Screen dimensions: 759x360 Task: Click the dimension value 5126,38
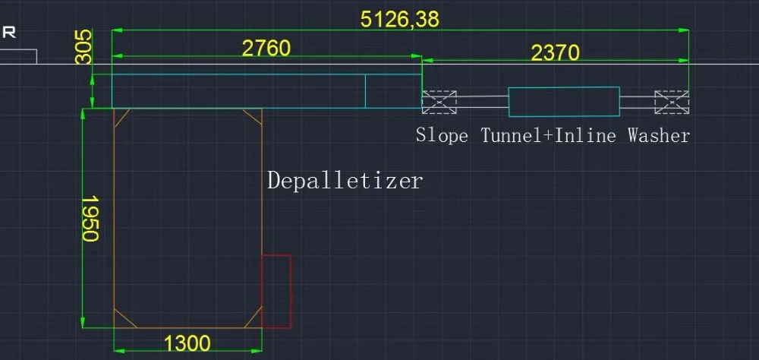click(400, 19)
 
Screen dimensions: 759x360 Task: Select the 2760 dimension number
click(266, 48)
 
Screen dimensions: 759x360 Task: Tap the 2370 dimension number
click(555, 52)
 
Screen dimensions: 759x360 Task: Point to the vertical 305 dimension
click(84, 47)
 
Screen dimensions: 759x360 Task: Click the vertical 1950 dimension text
click(90, 219)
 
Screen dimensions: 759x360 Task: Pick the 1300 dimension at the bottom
click(187, 343)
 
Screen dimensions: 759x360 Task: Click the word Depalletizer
click(345, 181)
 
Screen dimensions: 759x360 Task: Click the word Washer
click(659, 136)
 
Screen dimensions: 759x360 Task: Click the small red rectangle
click(276, 291)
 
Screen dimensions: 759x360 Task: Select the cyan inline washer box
click(564, 102)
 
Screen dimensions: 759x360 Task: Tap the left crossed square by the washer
click(439, 102)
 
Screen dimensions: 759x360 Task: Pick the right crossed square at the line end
click(672, 102)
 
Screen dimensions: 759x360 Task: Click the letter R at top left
click(10, 33)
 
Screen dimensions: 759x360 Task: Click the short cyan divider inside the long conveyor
click(365, 91)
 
